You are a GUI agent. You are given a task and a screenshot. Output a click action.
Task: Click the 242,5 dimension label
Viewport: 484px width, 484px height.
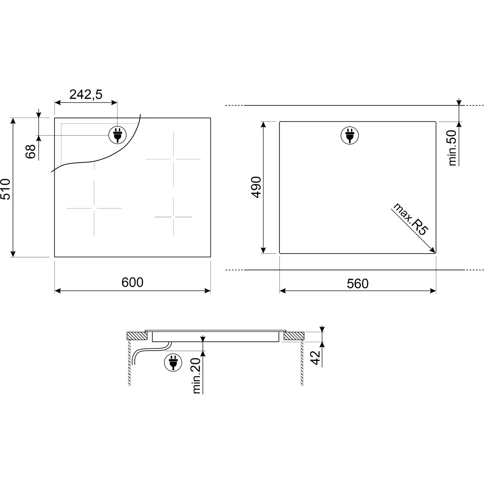(x=85, y=95)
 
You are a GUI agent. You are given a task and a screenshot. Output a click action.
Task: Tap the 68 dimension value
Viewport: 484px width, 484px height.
(x=31, y=151)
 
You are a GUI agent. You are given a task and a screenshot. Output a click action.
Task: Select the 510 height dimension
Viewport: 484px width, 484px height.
(x=5, y=189)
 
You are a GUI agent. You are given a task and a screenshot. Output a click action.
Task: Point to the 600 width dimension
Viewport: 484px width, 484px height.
(x=133, y=282)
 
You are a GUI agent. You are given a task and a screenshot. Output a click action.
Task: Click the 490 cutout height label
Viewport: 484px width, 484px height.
(x=256, y=187)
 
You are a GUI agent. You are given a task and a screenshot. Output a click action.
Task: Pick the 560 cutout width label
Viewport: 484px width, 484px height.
(x=357, y=284)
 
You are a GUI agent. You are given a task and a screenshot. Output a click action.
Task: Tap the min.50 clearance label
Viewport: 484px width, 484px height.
(x=452, y=148)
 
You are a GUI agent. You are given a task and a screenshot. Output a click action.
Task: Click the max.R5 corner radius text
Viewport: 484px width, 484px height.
(x=410, y=219)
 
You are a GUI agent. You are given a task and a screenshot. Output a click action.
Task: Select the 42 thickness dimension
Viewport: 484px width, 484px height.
(x=315, y=357)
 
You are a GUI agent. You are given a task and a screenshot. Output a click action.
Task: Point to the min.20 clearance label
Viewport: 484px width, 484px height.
(x=197, y=376)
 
